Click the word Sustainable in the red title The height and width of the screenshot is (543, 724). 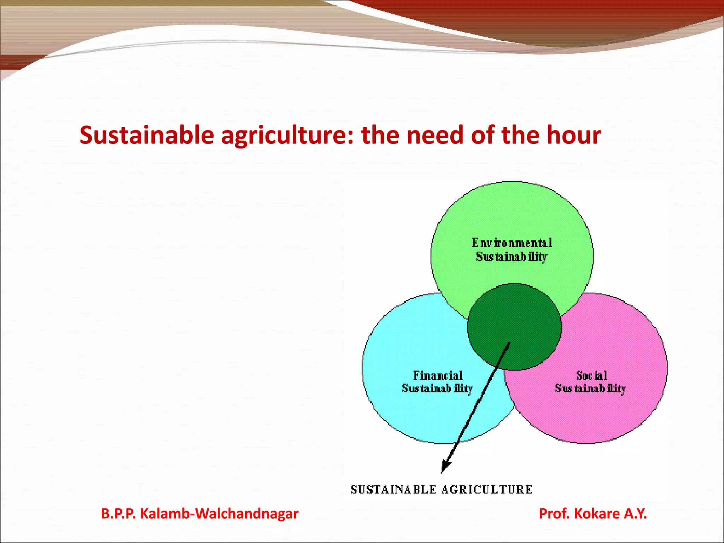147,135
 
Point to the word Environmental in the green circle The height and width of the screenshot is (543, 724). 512,243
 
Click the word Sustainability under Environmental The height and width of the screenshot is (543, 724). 512,257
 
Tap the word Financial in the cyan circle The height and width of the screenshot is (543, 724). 438,375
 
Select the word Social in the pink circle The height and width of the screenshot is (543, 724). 591,375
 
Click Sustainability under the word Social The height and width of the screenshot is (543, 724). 590,389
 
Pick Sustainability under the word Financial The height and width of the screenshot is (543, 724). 437,389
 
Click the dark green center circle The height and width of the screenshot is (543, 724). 514,318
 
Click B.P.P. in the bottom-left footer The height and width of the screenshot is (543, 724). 118,514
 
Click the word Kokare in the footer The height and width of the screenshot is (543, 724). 597,514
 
